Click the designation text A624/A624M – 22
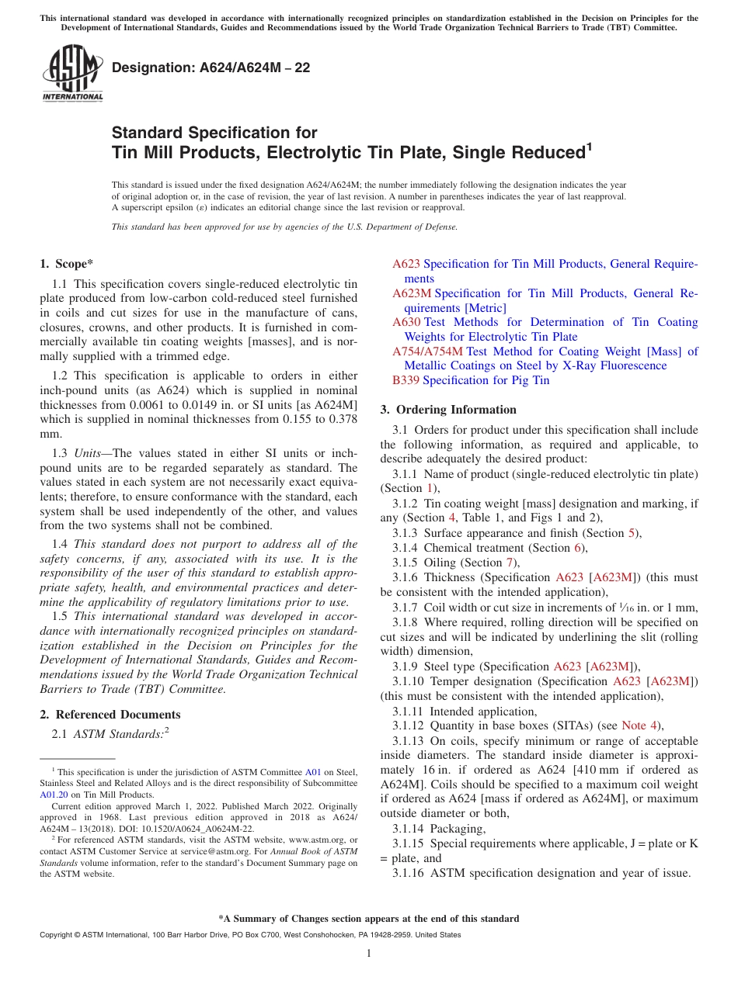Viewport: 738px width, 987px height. [x=211, y=68]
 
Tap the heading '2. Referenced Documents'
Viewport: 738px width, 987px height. [x=110, y=715]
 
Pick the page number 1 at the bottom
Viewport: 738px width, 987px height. [x=369, y=954]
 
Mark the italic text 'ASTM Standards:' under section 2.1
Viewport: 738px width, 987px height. [x=117, y=734]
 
